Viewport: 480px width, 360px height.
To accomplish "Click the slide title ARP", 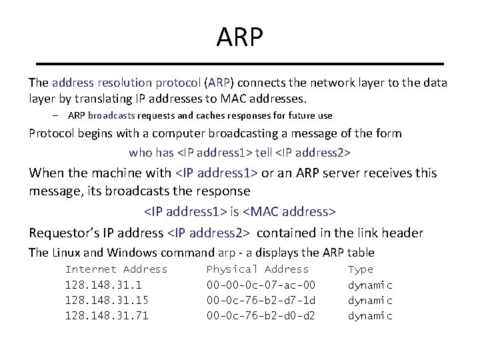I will tap(240, 37).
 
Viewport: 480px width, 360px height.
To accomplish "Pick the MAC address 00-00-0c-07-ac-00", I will tap(261, 285).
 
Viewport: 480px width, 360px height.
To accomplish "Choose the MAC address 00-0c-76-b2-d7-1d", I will tap(261, 300).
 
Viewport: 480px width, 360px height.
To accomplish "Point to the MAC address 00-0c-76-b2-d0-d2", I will tap(261, 315).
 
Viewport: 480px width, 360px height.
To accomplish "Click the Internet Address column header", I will tap(116, 269).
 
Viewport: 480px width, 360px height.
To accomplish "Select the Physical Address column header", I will tap(257, 269).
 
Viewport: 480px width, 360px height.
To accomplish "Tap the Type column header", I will tap(361, 269).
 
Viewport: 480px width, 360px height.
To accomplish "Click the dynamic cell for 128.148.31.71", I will tap(370, 315).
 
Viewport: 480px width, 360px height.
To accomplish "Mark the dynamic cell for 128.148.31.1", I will tap(370, 285).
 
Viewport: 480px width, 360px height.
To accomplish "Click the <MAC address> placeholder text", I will tap(291, 212).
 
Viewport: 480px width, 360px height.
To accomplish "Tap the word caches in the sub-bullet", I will tap(203, 115).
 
